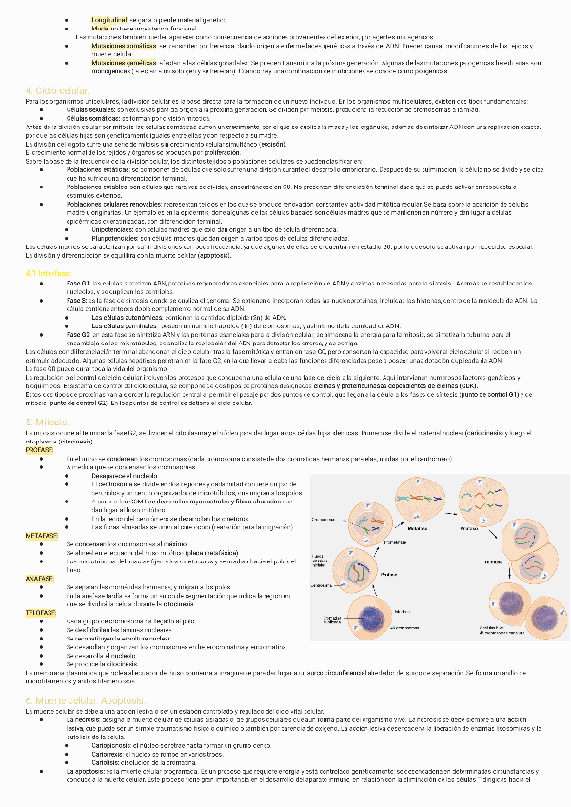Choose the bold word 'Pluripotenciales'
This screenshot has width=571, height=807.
[x=113, y=237]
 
